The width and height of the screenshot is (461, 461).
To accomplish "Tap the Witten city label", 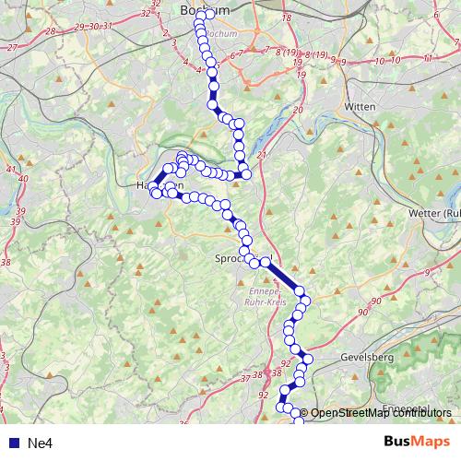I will point(361,107).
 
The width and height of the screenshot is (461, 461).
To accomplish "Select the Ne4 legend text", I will point(40,443).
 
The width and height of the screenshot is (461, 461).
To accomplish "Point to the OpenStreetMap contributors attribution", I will point(383,413).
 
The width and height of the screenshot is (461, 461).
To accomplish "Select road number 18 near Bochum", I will point(286,18).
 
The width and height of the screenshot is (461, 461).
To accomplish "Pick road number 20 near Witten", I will point(297,110).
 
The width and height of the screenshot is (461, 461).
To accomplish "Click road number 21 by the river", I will point(263,155).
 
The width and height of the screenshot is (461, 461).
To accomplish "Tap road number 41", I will point(11,170).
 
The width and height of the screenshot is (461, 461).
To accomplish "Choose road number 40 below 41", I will point(24,178).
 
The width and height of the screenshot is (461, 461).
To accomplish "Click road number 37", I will point(244,378).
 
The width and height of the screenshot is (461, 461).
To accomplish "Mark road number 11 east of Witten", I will point(427,59).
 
